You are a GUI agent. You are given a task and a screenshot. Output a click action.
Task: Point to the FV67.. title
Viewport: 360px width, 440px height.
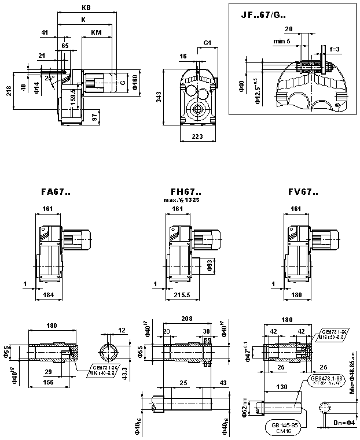click(x=304, y=193)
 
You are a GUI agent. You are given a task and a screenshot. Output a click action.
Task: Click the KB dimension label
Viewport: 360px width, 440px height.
click(x=87, y=8)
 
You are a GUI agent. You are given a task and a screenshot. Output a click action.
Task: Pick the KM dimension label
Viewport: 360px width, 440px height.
click(x=97, y=32)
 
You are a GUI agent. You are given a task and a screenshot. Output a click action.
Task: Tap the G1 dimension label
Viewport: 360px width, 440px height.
click(x=207, y=43)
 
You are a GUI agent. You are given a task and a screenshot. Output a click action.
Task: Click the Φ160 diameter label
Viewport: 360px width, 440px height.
click(x=134, y=83)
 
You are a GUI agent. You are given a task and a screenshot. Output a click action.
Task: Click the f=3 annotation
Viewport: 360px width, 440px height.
click(x=335, y=49)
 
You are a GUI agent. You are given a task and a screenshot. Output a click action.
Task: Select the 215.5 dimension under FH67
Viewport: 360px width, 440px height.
click(x=183, y=295)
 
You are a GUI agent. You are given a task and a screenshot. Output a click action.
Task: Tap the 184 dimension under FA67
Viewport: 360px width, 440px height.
click(x=49, y=295)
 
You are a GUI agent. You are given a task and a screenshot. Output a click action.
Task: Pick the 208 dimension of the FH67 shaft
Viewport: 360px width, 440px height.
click(x=186, y=319)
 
